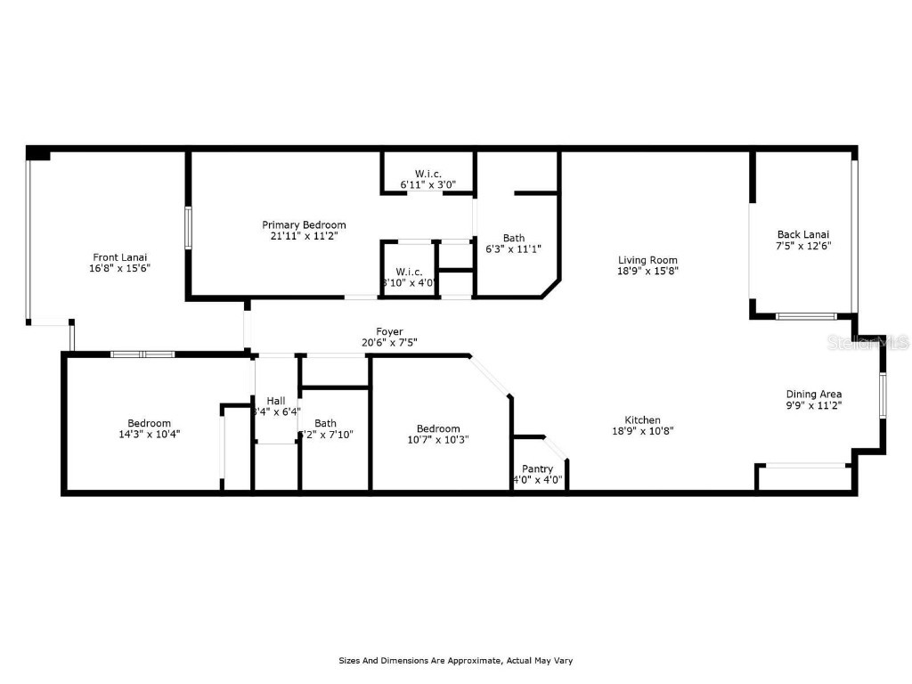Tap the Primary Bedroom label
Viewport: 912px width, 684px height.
coord(303,225)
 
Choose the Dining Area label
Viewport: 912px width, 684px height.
coord(813,394)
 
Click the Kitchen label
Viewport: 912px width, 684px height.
coord(641,419)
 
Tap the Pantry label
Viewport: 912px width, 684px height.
coord(537,468)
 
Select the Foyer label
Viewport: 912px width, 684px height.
coord(389,331)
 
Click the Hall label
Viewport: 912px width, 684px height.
coord(275,401)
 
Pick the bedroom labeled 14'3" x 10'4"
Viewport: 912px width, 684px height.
coord(149,423)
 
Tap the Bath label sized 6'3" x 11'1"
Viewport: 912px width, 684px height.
coord(514,238)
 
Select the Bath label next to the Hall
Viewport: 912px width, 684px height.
coord(325,423)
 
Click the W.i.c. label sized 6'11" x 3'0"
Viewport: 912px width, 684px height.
coord(428,174)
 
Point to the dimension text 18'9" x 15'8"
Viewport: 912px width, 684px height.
coord(648,272)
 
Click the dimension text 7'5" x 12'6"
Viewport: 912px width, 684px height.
coord(805,246)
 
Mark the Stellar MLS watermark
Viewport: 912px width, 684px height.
coord(867,342)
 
